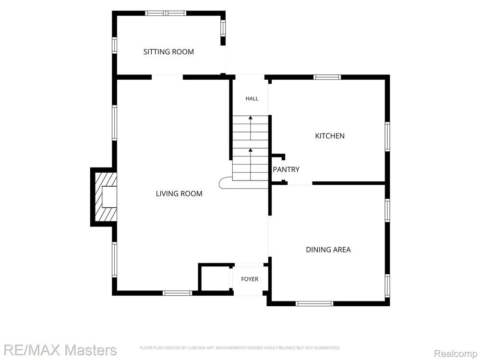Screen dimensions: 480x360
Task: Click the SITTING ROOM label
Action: pos(168,52)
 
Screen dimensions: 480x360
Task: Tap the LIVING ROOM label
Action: pos(179,193)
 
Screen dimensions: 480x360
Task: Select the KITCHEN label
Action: pos(330,136)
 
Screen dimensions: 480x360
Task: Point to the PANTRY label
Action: pos(286,169)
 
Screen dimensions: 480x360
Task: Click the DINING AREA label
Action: pos(328,250)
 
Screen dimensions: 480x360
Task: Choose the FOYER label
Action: pos(250,279)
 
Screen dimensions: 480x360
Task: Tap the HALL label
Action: pos(252,98)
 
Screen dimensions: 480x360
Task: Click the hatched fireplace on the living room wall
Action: pos(106,197)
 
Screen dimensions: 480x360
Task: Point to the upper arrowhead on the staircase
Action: pos(251,118)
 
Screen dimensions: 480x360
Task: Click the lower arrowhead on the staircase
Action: pos(251,150)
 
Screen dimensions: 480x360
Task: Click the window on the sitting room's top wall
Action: pos(166,13)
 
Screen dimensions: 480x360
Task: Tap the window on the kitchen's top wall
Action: pos(327,77)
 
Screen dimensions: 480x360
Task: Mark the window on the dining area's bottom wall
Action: pos(314,304)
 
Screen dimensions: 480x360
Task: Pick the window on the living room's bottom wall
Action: pos(177,293)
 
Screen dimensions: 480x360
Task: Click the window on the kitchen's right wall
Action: pos(387,136)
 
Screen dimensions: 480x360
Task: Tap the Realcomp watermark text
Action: pos(456,354)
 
